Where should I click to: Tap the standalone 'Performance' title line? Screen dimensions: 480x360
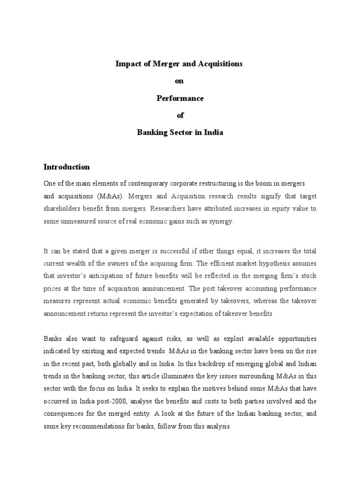(x=180, y=98)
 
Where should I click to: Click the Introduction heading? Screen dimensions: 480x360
(x=67, y=167)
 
